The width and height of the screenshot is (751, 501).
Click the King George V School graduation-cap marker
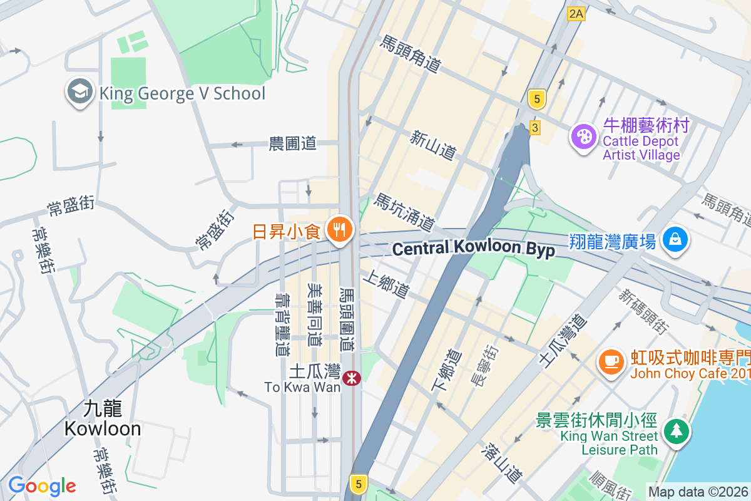[79, 92]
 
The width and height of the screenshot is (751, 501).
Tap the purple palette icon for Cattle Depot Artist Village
[583, 137]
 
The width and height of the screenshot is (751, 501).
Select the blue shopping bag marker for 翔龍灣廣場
[676, 240]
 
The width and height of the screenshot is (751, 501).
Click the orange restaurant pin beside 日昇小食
[340, 230]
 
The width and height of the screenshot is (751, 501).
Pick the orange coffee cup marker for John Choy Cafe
[611, 362]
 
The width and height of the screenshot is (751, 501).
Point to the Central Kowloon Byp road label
[473, 249]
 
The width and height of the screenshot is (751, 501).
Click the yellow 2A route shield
[576, 14]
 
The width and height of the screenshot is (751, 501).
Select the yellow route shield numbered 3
[534, 127]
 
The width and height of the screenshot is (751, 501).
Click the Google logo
[42, 486]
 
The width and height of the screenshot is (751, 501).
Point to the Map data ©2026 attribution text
[698, 492]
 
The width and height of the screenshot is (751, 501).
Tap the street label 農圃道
[292, 143]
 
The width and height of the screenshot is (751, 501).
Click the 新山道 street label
[432, 145]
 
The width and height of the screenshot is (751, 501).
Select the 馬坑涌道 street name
[404, 212]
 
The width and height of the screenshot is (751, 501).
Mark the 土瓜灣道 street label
[563, 341]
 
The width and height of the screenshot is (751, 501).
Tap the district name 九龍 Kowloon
[103, 418]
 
